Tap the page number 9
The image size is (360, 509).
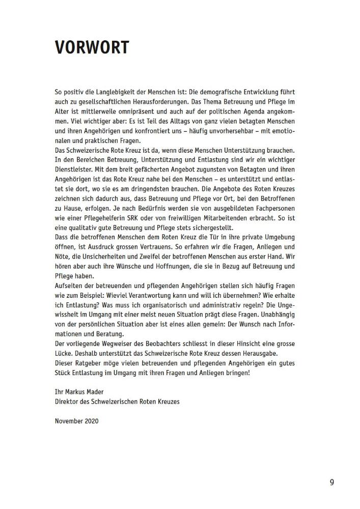pyautogui.click(x=331, y=482)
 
